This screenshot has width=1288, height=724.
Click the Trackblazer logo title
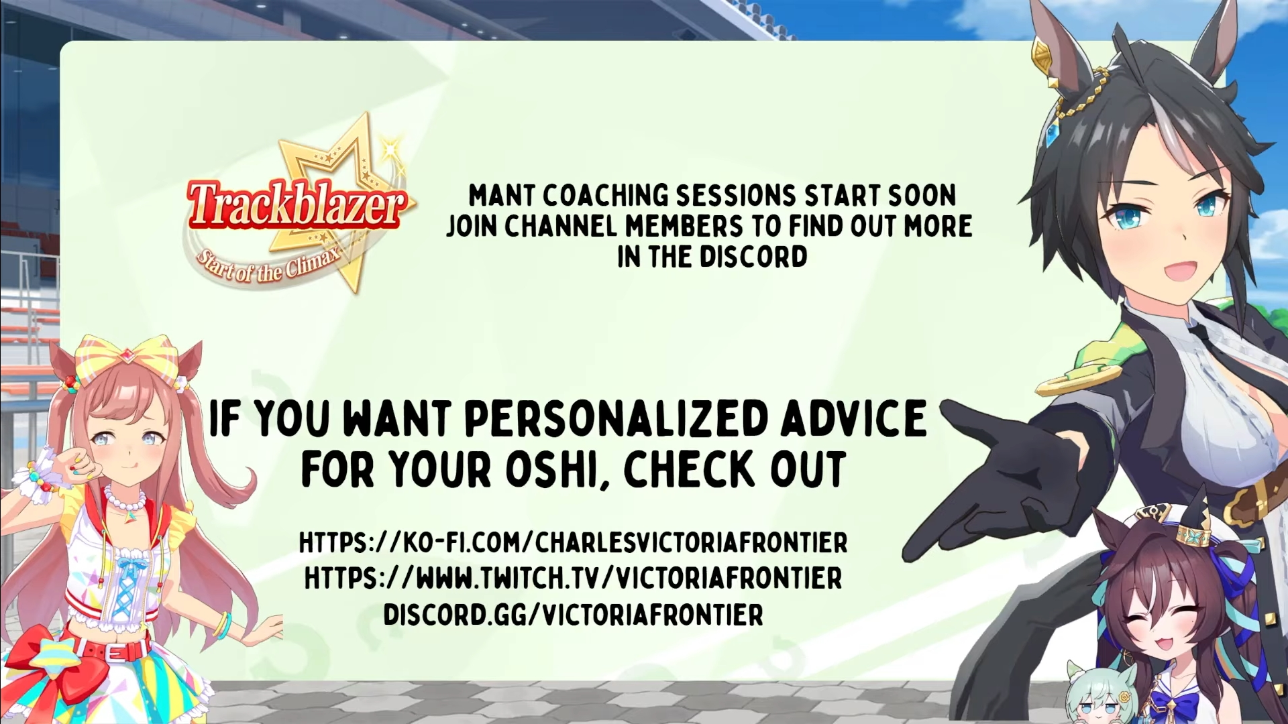(x=297, y=204)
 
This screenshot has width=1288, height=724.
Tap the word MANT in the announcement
(x=501, y=196)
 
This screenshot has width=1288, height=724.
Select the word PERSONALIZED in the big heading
(x=616, y=418)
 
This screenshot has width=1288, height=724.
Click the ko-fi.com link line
(x=574, y=542)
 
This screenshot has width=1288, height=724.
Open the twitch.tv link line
(x=574, y=579)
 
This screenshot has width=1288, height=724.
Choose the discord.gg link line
(x=574, y=615)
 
